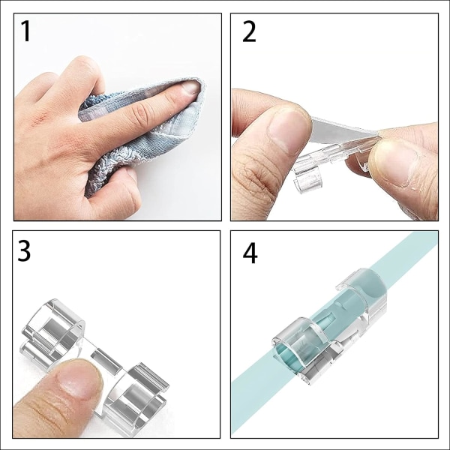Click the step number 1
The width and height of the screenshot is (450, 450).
(25, 31)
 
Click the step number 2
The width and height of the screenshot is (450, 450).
(249, 31)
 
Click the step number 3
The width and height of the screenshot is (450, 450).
(24, 250)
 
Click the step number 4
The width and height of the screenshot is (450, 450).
(250, 253)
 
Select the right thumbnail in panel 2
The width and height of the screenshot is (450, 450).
(394, 162)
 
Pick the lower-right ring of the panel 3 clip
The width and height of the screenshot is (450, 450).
(135, 399)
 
